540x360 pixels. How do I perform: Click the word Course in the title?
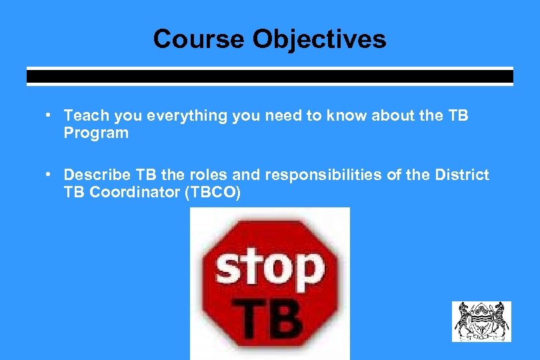coord(199,39)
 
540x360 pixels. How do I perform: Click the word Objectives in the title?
coord(319,39)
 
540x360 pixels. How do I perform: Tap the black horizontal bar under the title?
coord(269,76)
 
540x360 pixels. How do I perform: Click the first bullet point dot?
coord(49,115)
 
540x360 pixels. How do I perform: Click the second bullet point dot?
coord(49,175)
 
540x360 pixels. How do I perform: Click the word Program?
coord(96,133)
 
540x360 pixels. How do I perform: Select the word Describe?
coord(97,175)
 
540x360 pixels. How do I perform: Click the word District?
coord(461,175)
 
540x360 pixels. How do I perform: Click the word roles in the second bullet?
coord(211,175)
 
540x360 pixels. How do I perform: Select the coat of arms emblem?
coord(481,321)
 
